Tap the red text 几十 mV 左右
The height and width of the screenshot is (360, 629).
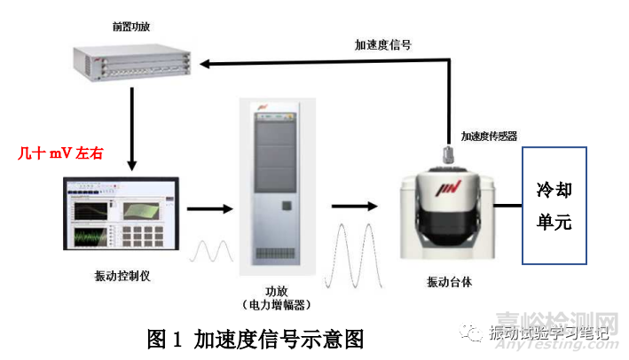(x=61, y=153)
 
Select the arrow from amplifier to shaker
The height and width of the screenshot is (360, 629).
(x=353, y=206)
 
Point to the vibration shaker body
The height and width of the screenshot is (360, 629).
(x=449, y=217)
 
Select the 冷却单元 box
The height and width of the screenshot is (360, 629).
(x=554, y=206)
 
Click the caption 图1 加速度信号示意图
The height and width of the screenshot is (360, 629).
(x=256, y=338)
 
